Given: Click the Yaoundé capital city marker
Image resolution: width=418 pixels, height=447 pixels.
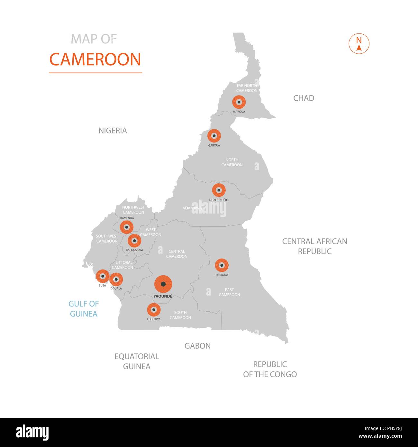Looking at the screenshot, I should pyautogui.click(x=163, y=284).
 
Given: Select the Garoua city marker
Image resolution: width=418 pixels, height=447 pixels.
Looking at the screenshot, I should pyautogui.click(x=214, y=136).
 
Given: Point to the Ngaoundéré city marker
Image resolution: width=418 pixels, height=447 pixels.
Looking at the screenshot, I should pyautogui.click(x=219, y=190).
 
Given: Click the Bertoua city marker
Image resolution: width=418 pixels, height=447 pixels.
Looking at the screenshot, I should pyautogui.click(x=222, y=266).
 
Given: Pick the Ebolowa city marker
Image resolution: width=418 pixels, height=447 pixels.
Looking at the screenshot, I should pyautogui.click(x=154, y=310).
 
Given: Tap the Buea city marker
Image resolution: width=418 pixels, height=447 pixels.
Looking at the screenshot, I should pyautogui.click(x=103, y=276).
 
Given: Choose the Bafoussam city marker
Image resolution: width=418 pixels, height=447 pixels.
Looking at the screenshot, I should pyautogui.click(x=134, y=241).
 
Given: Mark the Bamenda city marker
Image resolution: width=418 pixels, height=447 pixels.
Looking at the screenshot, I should pyautogui.click(x=127, y=227).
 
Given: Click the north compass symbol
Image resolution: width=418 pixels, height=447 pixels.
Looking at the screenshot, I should pyautogui.click(x=359, y=44).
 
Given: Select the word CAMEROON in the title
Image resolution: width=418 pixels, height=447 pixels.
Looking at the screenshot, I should pyautogui.click(x=95, y=59).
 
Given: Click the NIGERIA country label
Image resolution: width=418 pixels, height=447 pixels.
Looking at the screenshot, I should pyautogui.click(x=113, y=131).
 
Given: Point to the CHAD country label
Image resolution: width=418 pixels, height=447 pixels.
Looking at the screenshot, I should pyautogui.click(x=304, y=98).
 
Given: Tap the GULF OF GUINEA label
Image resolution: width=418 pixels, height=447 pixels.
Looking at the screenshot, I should pyautogui.click(x=84, y=309).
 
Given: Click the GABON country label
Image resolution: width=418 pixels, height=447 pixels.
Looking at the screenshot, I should pyautogui.click(x=197, y=346).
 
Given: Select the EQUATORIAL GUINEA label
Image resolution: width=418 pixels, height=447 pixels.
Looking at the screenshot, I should pyautogui.click(x=137, y=361).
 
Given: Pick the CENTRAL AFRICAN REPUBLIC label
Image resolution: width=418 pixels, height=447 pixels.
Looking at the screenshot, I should pyautogui.click(x=314, y=246).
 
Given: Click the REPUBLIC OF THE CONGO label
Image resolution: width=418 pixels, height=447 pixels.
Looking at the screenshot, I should pyautogui.click(x=270, y=369).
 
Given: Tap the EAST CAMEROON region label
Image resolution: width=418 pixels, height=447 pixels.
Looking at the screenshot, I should pyautogui.click(x=229, y=292).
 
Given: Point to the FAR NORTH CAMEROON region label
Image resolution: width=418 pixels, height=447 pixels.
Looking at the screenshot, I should pyautogui.click(x=247, y=88).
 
